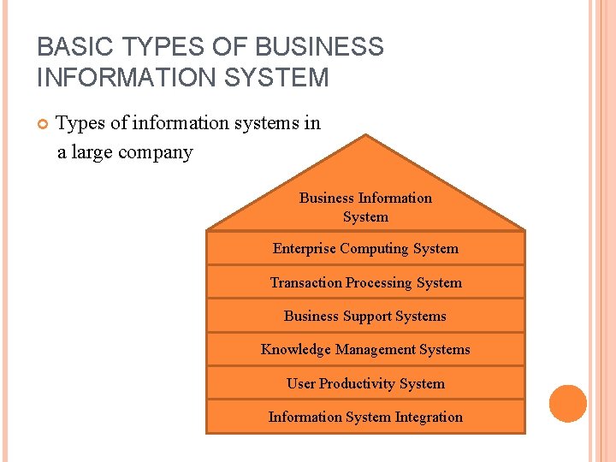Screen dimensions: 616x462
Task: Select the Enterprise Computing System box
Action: point(365,249)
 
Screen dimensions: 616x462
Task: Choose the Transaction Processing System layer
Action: point(365,282)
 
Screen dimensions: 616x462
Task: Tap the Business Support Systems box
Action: point(365,316)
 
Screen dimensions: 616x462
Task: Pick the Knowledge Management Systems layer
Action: point(365,349)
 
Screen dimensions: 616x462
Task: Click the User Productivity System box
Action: point(365,383)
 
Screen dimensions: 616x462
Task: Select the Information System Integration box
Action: point(365,417)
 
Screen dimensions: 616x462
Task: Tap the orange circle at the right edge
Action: point(568,404)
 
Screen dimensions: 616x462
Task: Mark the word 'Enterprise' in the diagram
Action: point(304,249)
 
